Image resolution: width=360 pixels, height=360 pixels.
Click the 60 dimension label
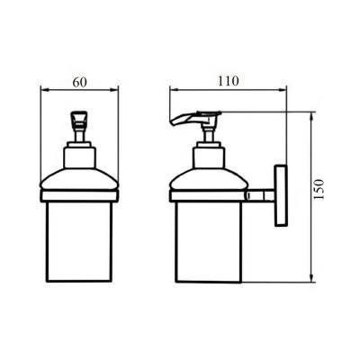[x=79, y=83]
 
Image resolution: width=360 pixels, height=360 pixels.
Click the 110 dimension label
[x=229, y=81]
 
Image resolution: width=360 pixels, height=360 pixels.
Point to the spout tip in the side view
[x=172, y=123]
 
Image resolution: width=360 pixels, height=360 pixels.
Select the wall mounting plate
[x=281, y=195]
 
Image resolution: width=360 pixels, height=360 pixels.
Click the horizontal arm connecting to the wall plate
[x=260, y=195]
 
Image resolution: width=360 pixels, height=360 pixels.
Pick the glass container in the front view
[x=79, y=241]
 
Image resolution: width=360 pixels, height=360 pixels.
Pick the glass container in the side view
[x=208, y=241]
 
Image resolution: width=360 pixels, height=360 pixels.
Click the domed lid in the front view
[x=79, y=179]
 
